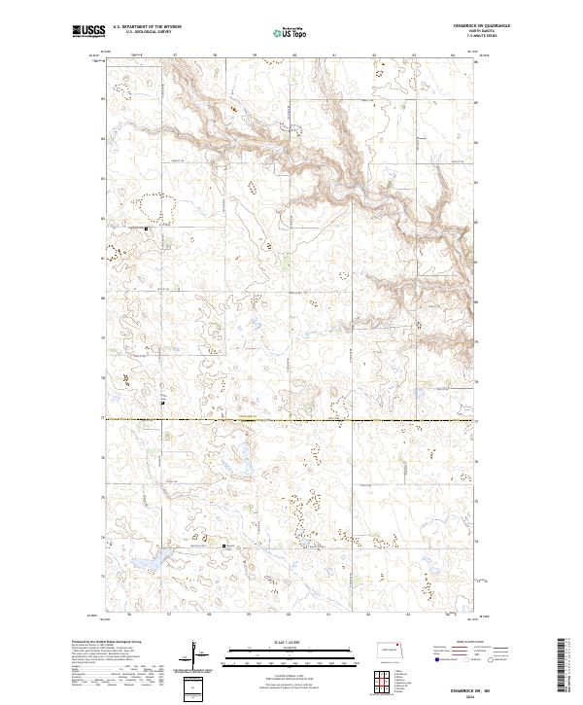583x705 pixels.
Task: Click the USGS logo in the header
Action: coord(89,31)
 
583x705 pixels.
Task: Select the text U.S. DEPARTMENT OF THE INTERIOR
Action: coord(148,27)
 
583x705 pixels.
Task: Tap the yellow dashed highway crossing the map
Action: coord(291,419)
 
